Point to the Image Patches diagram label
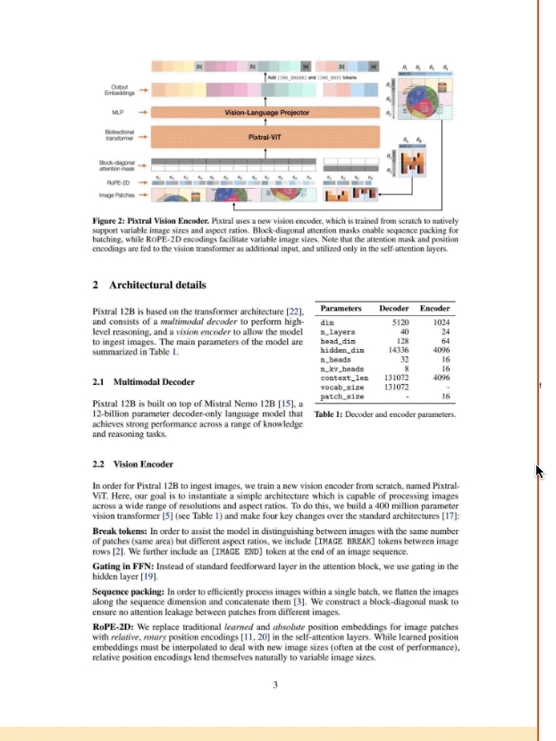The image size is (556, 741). (x=116, y=194)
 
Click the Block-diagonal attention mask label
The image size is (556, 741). (x=117, y=166)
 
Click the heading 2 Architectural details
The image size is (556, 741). (x=149, y=285)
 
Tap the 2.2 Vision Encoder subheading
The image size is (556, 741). (x=132, y=464)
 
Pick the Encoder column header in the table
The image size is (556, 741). (x=435, y=308)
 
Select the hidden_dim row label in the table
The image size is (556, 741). (x=339, y=351)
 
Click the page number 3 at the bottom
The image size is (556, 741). (x=276, y=686)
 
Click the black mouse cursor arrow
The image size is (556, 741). (x=539, y=471)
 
